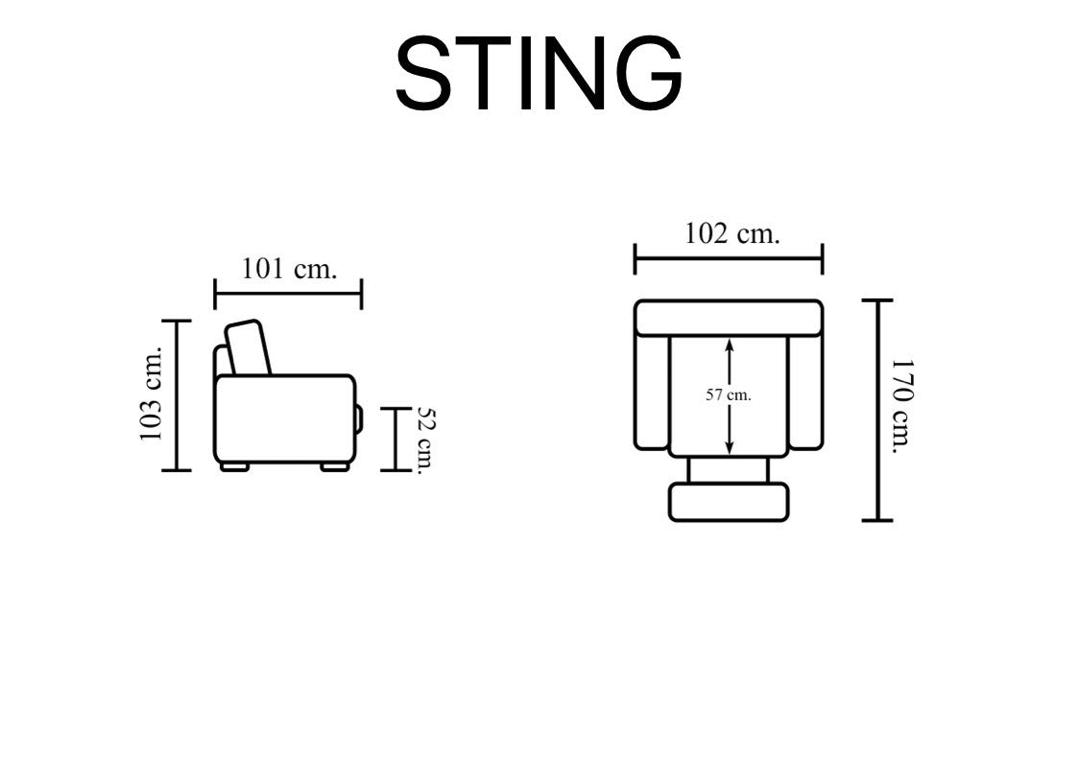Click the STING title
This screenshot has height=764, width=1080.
(x=539, y=73)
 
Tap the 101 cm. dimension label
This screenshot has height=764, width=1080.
(x=289, y=268)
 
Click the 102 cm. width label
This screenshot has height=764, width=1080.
(x=732, y=233)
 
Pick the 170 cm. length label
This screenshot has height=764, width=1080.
(x=901, y=406)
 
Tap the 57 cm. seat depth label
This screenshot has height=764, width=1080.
(x=728, y=395)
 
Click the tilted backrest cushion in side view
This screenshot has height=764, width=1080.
(x=248, y=347)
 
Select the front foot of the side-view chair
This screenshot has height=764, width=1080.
(x=335, y=467)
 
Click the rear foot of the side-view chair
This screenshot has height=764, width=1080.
(x=234, y=467)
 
